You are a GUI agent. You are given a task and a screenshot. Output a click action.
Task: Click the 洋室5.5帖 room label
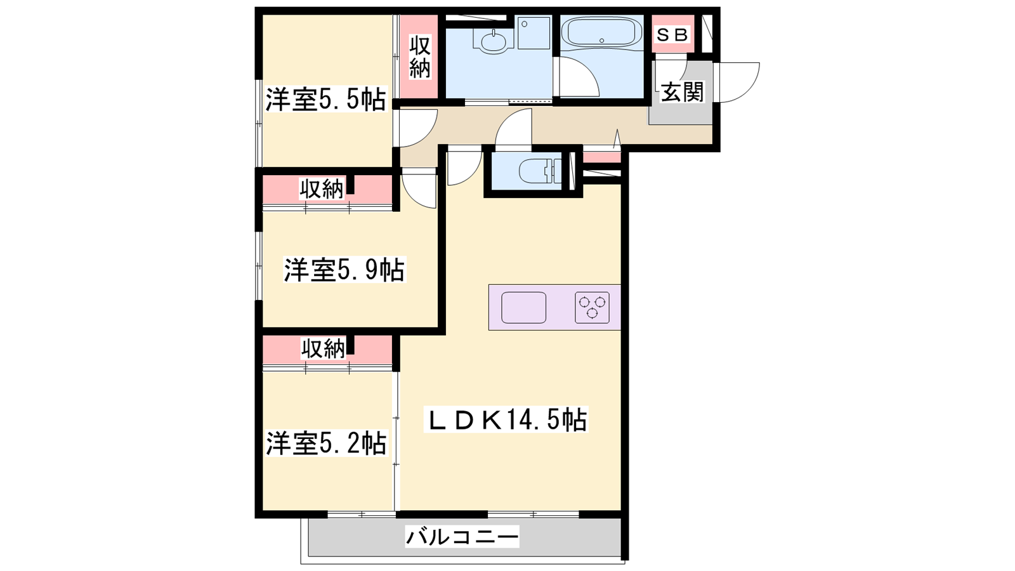click(326, 99)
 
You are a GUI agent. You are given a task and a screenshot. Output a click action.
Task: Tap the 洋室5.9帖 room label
click(344, 270)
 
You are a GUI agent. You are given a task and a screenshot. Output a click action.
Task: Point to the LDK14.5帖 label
click(506, 419)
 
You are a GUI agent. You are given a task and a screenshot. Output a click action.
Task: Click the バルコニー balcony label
click(462, 537)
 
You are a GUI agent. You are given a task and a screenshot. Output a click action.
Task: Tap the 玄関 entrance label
click(682, 92)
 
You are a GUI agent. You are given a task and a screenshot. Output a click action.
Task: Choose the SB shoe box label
click(672, 34)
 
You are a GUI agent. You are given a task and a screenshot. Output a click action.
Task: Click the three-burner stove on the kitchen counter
click(593, 307)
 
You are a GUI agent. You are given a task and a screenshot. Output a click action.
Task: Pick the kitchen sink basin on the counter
click(523, 307)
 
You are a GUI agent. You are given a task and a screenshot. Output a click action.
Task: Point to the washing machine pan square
click(534, 33)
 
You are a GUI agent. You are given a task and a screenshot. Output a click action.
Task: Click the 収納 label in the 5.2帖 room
click(324, 349)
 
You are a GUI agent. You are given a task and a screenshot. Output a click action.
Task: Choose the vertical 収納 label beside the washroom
click(420, 58)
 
